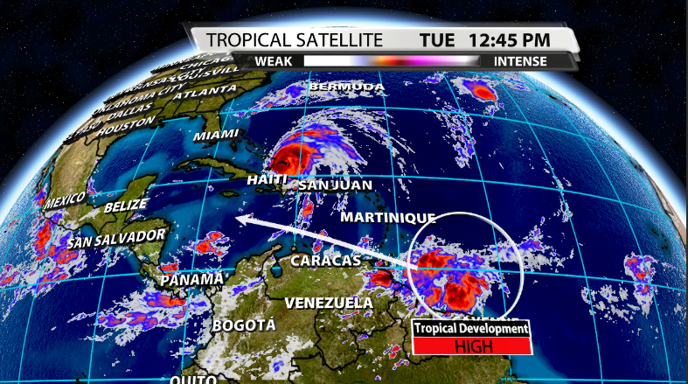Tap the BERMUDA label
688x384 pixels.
(346, 87)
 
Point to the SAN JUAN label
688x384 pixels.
(335, 185)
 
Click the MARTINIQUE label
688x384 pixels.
(376, 216)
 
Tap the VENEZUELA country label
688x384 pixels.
(328, 304)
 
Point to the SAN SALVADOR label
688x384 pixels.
(116, 238)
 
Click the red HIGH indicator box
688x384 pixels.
(471, 346)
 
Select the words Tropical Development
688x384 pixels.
(471, 329)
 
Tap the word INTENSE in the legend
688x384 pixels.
(520, 61)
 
